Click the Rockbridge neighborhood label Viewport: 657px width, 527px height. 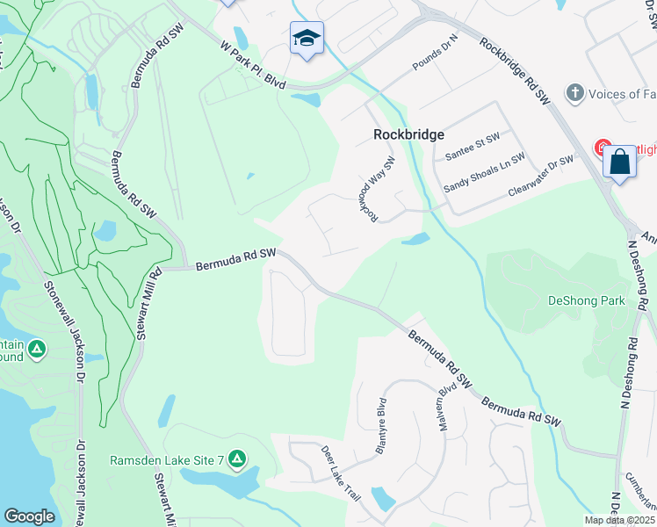[408, 135]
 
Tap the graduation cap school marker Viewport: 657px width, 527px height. [307, 38]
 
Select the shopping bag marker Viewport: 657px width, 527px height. [620, 162]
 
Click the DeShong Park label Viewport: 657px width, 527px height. [586, 300]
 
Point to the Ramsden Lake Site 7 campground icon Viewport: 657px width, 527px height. [236, 458]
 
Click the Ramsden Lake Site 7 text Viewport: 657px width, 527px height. [168, 459]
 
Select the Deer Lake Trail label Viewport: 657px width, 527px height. [341, 473]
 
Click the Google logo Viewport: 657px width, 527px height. [29, 516]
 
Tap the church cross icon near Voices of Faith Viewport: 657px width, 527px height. [574, 92]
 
